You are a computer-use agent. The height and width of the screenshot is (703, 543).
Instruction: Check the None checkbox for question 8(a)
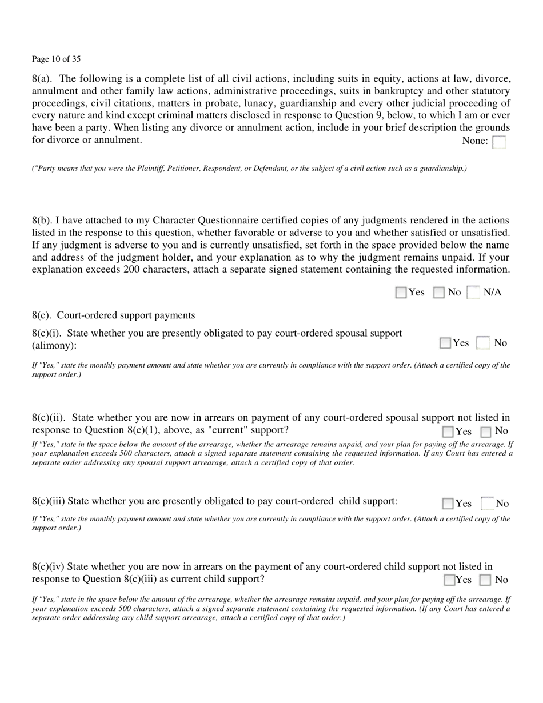click(499, 142)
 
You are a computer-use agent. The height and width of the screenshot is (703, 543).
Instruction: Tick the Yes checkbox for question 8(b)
click(401, 293)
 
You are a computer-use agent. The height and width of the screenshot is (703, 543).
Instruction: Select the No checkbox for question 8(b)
click(439, 293)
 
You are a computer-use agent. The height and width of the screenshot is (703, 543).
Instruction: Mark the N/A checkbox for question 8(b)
click(473, 293)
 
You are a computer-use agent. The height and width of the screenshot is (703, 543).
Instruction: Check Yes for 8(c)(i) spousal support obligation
click(445, 343)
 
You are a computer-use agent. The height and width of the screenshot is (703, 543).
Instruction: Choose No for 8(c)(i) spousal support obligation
click(484, 343)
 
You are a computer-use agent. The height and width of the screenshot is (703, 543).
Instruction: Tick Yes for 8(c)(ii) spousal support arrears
click(448, 432)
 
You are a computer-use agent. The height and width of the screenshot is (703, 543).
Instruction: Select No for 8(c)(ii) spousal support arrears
click(486, 432)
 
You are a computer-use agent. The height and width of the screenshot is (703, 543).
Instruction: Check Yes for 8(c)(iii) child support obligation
click(448, 504)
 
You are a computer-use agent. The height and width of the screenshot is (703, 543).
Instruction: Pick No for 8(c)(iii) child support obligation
click(488, 504)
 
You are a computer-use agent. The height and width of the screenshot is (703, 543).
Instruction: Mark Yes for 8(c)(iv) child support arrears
click(450, 580)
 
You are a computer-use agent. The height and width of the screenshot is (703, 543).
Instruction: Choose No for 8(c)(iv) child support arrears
click(485, 580)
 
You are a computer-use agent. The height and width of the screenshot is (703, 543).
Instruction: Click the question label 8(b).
click(43, 220)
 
